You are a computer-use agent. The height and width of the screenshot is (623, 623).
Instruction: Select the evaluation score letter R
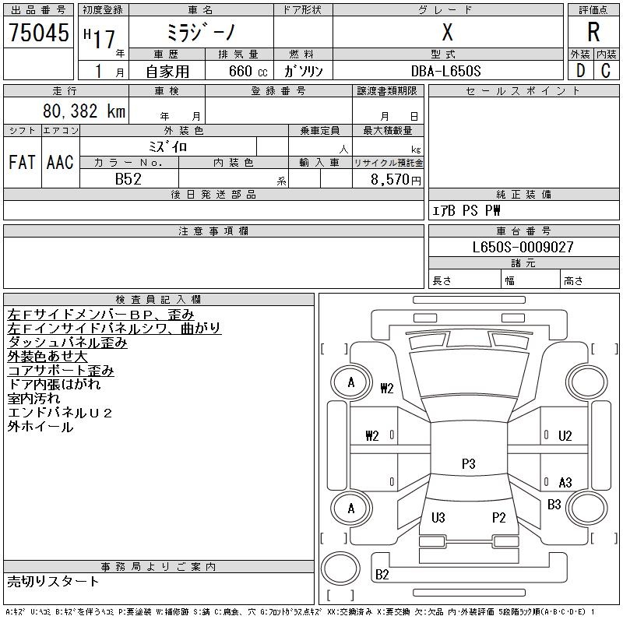point(593,33)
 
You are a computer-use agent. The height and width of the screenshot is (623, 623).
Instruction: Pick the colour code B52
point(128,179)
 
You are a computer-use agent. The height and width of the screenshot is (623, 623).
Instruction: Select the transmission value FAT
point(22,162)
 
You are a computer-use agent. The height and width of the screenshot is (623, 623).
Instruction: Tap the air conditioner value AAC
point(59,162)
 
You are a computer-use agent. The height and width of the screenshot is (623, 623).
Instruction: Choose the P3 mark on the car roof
point(468,463)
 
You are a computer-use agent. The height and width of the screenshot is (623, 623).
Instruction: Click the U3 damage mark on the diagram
point(438,517)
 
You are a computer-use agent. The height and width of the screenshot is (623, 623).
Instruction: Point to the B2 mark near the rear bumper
point(382,575)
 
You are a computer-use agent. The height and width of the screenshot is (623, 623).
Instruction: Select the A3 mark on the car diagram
point(565,482)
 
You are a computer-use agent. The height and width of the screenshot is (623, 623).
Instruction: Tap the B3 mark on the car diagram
point(554,505)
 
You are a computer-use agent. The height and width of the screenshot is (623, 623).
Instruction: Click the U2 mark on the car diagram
point(565,435)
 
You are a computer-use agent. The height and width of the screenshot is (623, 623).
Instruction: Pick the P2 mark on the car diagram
point(499,517)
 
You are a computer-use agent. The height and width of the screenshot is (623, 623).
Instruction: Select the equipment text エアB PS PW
point(466,210)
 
